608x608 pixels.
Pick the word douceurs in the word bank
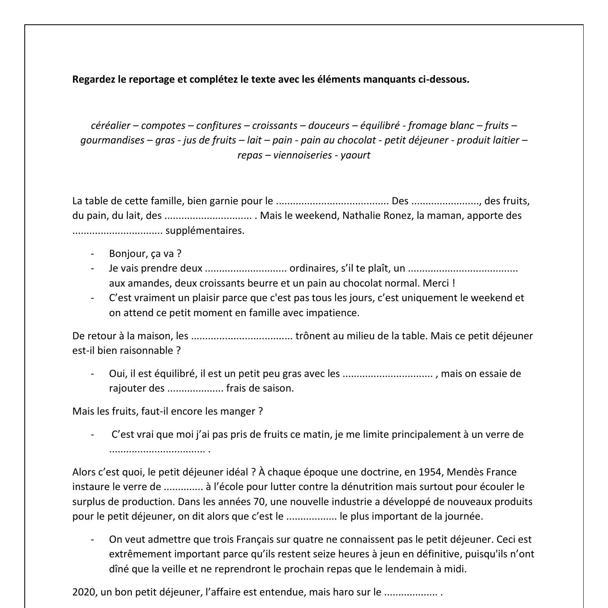[x=328, y=126]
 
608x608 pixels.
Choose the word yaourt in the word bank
[x=355, y=155]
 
